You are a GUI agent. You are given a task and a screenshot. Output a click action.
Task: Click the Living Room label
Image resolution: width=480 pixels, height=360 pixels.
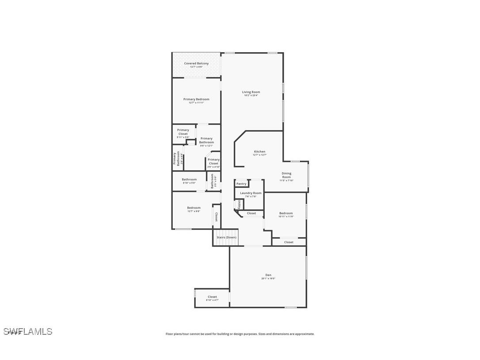click(x=251, y=92)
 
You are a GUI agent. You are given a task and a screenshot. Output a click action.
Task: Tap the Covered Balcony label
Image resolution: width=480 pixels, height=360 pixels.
click(x=196, y=63)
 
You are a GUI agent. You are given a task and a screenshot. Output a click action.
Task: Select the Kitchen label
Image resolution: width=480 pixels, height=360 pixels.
click(x=259, y=151)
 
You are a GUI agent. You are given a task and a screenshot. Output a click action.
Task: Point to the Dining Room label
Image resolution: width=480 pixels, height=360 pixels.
click(x=286, y=175)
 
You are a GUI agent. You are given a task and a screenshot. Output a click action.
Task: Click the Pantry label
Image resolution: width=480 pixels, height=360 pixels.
click(x=241, y=184)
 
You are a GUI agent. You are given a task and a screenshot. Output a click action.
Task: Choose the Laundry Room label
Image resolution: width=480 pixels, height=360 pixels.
click(x=251, y=193)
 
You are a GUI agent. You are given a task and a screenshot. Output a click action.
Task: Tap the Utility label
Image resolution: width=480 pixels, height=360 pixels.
click(x=239, y=204)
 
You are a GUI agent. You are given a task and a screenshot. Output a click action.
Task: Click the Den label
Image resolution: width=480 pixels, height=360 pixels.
click(x=268, y=275)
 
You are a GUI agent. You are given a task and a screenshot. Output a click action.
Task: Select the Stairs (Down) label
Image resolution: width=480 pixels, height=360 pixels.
click(x=226, y=237)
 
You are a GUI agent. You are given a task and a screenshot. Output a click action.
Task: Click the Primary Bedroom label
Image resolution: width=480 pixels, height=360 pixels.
click(x=196, y=99)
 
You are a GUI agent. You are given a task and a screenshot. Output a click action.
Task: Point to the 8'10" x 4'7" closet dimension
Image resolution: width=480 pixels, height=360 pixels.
click(x=212, y=300)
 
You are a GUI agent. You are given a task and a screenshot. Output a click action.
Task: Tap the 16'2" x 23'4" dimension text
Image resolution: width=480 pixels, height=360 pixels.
click(x=251, y=96)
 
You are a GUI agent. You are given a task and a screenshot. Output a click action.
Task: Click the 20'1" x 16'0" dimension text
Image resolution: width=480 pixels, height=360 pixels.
click(x=268, y=279)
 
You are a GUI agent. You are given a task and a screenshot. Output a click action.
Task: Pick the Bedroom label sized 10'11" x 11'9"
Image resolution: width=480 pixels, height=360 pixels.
click(x=286, y=213)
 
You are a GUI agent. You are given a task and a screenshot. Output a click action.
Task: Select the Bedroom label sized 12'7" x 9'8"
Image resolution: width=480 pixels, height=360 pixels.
click(x=194, y=207)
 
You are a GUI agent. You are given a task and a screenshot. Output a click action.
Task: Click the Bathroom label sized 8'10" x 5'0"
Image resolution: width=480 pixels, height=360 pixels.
click(x=189, y=179)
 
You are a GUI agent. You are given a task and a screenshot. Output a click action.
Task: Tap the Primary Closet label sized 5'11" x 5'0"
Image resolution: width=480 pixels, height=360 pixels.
click(x=183, y=132)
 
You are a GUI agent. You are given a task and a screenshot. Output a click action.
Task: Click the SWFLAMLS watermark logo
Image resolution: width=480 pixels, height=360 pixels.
click(x=28, y=331)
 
